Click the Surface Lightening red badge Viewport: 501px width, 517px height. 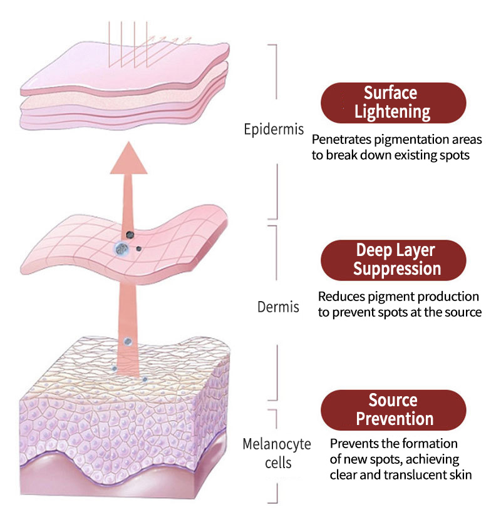point(393,103)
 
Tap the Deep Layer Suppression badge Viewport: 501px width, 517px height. point(393,260)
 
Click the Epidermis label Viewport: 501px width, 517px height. point(274,130)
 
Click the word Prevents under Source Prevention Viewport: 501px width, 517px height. point(354,444)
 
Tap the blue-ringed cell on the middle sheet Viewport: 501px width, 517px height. point(121,249)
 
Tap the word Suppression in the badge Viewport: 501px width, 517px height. point(397,269)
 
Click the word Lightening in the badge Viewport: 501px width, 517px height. point(393,112)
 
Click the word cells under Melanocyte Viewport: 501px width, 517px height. point(277,463)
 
